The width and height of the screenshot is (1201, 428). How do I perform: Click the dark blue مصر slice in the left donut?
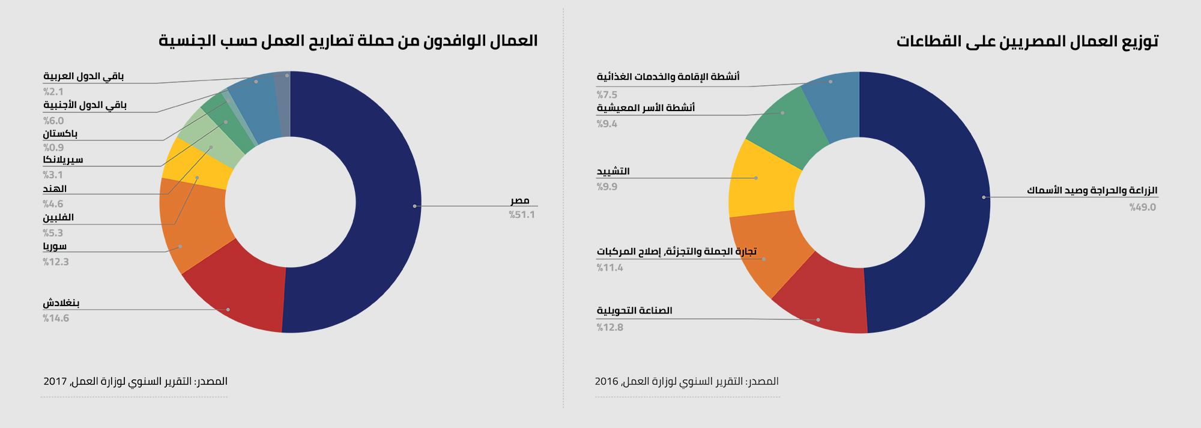pos(384,204)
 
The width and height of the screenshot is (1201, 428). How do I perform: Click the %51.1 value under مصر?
pos(522,215)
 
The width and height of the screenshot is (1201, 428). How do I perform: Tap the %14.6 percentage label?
pos(56,318)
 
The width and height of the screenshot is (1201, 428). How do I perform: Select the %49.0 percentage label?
pos(1143,207)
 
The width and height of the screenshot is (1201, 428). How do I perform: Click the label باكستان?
pos(60,133)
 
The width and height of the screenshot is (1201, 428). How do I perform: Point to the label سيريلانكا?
pos(63,160)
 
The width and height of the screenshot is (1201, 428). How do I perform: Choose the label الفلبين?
pos(58,217)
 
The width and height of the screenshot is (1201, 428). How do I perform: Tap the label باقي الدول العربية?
pos(83,76)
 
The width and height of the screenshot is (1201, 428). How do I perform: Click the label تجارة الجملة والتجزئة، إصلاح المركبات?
pos(677,251)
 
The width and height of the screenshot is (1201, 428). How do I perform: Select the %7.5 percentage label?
pos(607,95)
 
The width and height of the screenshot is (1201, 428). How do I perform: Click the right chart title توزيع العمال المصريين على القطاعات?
pos(1027,41)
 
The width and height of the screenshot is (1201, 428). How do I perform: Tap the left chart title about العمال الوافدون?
pos(348,41)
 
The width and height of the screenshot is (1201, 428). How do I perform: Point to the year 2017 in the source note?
pos(55,381)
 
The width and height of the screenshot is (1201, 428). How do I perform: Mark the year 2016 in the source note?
pos(607,381)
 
